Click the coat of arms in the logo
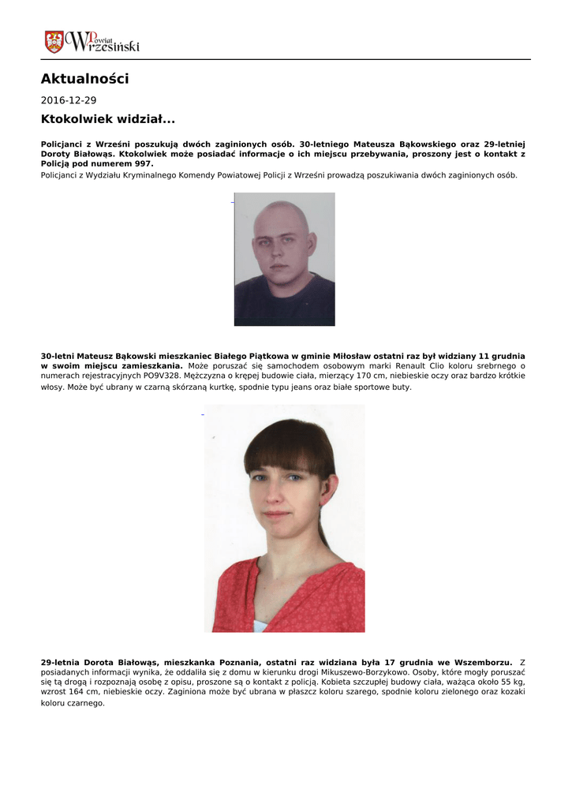coord(54,42)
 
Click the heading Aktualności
coord(84,79)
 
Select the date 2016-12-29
coord(69,101)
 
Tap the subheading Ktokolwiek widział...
coord(107,120)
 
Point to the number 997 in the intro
coord(143,163)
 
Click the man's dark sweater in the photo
coord(284,304)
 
